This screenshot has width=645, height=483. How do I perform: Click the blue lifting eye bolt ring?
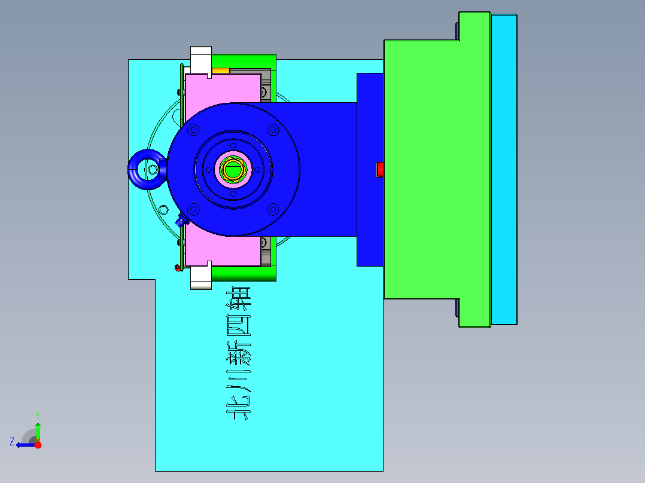(145, 169)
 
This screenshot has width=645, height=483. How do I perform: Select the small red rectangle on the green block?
(379, 170)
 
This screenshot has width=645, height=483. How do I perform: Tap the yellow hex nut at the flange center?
(233, 169)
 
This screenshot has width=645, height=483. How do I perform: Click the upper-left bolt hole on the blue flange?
(193, 130)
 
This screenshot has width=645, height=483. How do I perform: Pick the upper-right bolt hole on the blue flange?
(273, 130)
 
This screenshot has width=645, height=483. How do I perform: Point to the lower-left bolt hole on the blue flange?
(193, 209)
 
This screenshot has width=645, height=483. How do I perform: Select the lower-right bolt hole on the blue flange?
(273, 209)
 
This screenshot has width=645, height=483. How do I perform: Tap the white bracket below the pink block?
(200, 276)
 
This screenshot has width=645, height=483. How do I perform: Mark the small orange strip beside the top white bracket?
(220, 71)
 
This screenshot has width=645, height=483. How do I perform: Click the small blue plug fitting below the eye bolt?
(180, 221)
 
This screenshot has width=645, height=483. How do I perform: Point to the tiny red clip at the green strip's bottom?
(177, 267)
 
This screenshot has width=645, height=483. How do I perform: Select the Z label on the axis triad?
(12, 442)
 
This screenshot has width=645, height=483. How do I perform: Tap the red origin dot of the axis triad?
(38, 444)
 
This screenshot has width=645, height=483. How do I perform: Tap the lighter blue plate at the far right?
(504, 170)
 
